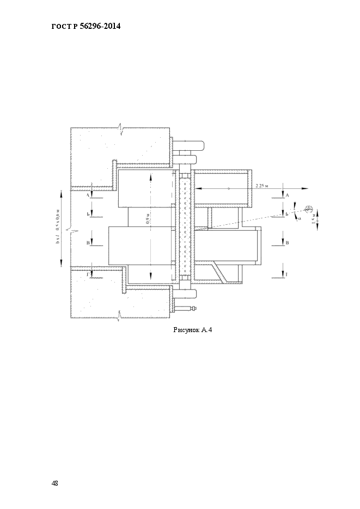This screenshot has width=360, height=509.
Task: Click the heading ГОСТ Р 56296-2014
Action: point(86,26)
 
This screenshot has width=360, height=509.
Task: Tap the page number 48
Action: point(55,483)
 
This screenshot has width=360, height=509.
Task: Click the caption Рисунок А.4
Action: point(192,330)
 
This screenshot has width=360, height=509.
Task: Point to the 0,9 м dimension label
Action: point(148,219)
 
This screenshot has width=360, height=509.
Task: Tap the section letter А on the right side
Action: point(286,194)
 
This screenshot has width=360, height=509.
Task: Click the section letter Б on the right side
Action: point(286,214)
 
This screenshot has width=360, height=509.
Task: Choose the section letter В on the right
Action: point(286,243)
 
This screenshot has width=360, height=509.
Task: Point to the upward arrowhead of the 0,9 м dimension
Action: point(149,177)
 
